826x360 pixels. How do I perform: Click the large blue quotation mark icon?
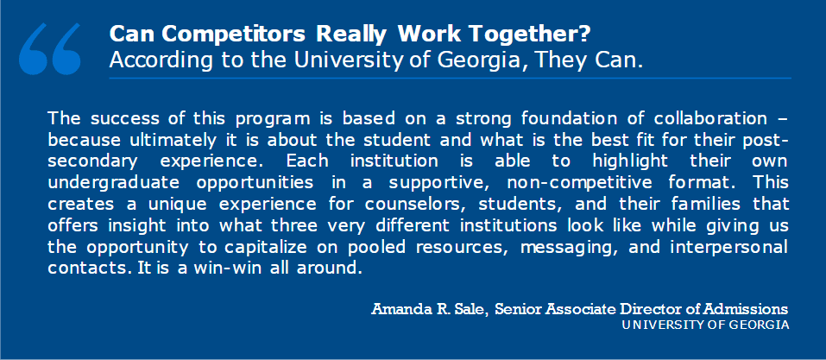pos(49,48)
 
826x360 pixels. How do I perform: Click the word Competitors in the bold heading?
pos(233,35)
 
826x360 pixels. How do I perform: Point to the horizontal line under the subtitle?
pos(450,78)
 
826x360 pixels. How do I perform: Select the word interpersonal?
pos(729,248)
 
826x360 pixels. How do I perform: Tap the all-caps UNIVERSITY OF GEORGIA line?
pos(705,325)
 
